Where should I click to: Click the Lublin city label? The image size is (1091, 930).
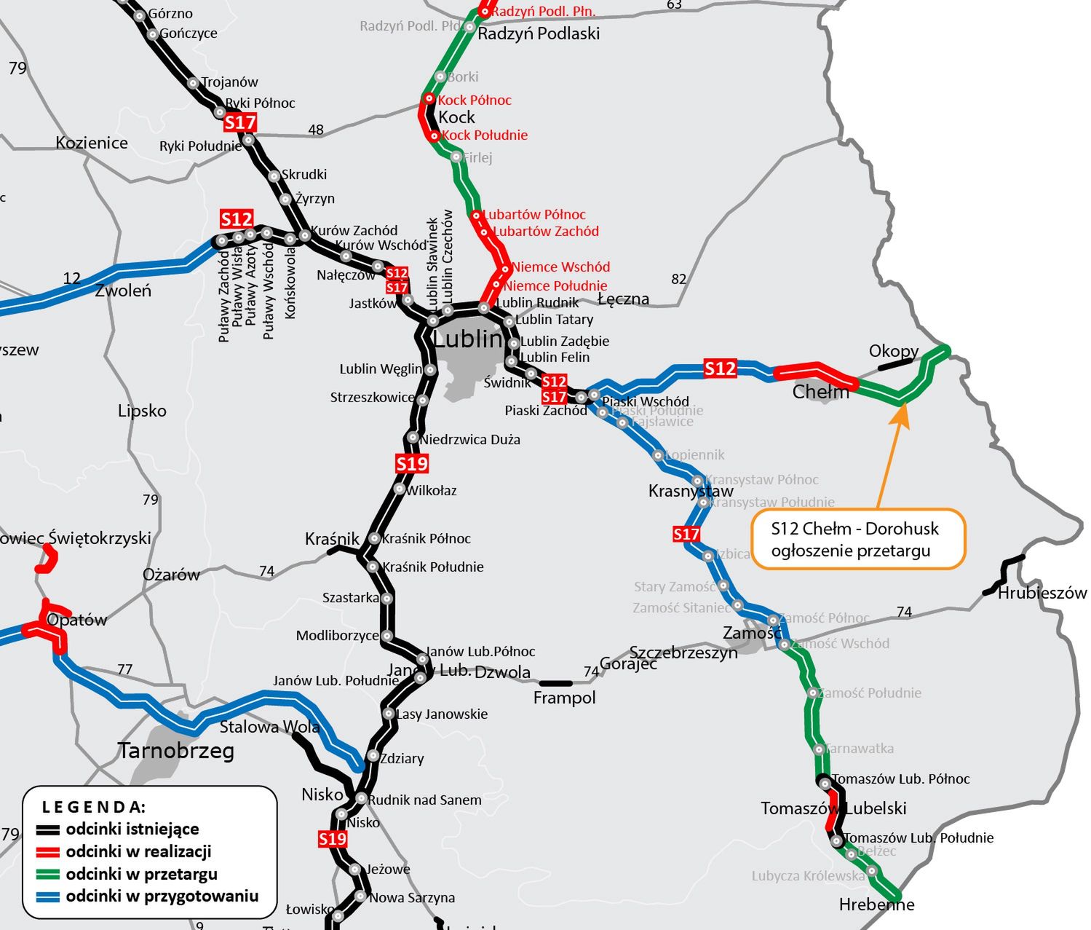click(468, 339)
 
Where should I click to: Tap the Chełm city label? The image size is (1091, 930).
click(820, 392)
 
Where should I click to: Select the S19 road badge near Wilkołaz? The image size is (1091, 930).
click(412, 463)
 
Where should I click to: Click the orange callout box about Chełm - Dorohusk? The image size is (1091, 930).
click(857, 539)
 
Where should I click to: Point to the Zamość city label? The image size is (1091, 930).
click(750, 633)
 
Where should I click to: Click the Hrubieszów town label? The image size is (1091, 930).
click(1042, 593)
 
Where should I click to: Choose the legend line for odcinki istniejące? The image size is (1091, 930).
click(49, 829)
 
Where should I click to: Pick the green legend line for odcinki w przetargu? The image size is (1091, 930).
click(49, 875)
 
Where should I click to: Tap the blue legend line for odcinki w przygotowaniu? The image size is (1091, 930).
click(49, 896)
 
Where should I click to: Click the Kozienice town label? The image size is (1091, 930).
click(92, 143)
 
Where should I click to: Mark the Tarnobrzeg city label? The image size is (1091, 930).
click(176, 751)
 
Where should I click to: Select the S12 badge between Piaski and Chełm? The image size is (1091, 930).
click(720, 369)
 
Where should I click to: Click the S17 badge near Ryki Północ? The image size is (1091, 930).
click(240, 122)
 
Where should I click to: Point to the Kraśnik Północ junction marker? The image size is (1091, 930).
click(374, 538)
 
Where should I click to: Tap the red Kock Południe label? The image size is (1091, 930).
click(484, 135)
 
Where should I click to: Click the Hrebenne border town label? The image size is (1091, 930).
click(876, 905)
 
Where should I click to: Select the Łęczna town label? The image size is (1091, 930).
click(623, 299)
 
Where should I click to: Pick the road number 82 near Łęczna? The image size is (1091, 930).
click(678, 279)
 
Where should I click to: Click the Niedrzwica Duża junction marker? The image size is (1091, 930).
click(413, 438)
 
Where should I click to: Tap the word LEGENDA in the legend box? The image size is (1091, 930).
click(94, 807)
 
